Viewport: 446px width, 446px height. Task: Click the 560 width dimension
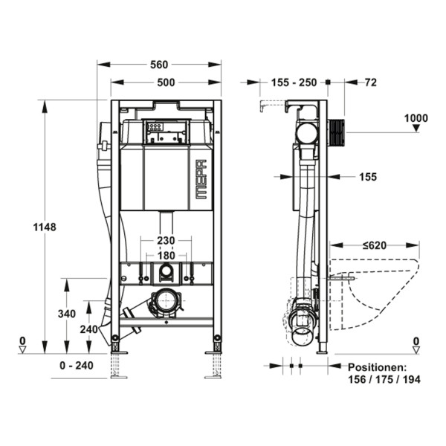tap(159, 65)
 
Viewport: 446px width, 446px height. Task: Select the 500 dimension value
tap(166, 83)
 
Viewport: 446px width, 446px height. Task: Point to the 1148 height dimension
tap(45, 227)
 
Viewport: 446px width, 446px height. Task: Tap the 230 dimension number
tap(166, 241)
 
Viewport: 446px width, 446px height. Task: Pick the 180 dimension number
tap(166, 256)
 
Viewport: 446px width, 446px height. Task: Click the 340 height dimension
tap(67, 314)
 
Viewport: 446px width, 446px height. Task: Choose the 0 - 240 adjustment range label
tap(77, 366)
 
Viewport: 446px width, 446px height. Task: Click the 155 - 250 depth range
tap(294, 83)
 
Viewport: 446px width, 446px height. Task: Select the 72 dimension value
tap(371, 83)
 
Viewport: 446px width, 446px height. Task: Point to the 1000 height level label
tap(416, 118)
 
